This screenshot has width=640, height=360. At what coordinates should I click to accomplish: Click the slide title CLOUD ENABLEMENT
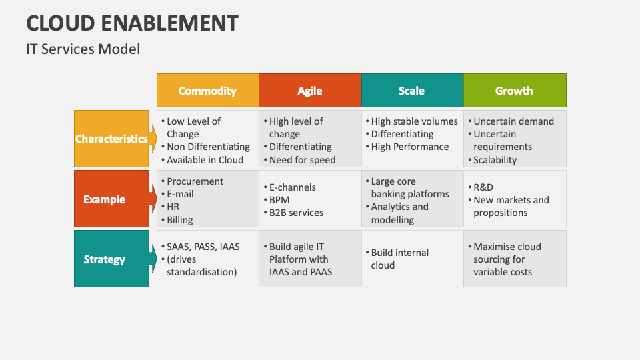(132, 23)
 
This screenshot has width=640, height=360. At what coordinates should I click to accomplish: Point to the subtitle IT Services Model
(83, 49)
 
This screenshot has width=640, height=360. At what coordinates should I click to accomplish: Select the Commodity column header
(208, 90)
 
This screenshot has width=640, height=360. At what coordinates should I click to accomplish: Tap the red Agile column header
(310, 90)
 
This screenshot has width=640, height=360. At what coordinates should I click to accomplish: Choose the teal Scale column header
(412, 90)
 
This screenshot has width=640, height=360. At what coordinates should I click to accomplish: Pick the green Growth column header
(515, 90)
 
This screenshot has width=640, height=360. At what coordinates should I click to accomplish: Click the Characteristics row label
(111, 139)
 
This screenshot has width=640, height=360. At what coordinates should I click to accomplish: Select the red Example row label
(111, 199)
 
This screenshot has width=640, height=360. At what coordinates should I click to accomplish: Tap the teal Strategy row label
(111, 259)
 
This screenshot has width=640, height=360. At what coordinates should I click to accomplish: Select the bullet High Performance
(407, 147)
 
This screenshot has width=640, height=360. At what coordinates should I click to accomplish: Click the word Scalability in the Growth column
(495, 160)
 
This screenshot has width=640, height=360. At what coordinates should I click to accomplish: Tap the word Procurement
(195, 181)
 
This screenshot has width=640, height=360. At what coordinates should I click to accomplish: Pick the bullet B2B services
(293, 213)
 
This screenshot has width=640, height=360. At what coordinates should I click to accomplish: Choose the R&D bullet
(481, 187)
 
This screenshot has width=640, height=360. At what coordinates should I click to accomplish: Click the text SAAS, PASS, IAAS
(203, 247)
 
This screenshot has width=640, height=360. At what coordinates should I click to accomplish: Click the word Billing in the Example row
(180, 220)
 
